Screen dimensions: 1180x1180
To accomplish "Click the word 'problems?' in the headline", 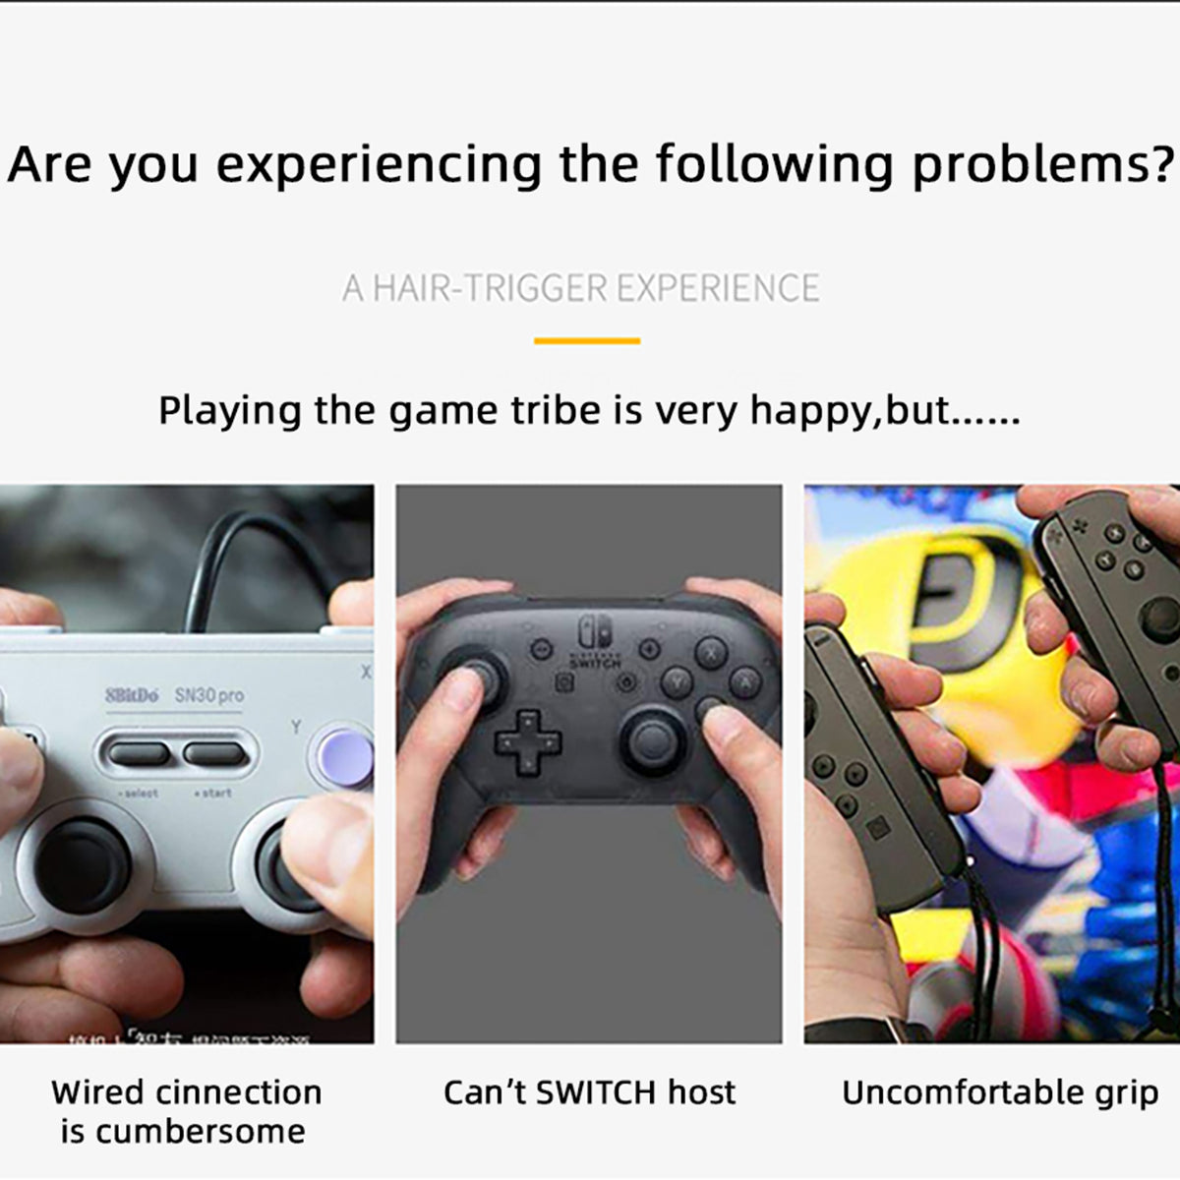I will (1042, 165).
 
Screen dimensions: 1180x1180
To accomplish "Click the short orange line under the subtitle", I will (587, 341).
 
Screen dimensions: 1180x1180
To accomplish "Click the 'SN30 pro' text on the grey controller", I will (209, 695).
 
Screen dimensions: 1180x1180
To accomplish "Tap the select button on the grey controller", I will (139, 754).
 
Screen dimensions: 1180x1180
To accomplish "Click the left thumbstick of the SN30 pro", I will (83, 864).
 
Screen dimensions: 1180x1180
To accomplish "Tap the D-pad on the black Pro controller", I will (528, 738).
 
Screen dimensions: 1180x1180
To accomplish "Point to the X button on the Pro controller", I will (710, 652).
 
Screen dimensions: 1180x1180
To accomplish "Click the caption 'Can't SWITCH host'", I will (589, 1092).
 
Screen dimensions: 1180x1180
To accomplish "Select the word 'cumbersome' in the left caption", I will (200, 1132).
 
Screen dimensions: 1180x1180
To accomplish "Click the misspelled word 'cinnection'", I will (239, 1092).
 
